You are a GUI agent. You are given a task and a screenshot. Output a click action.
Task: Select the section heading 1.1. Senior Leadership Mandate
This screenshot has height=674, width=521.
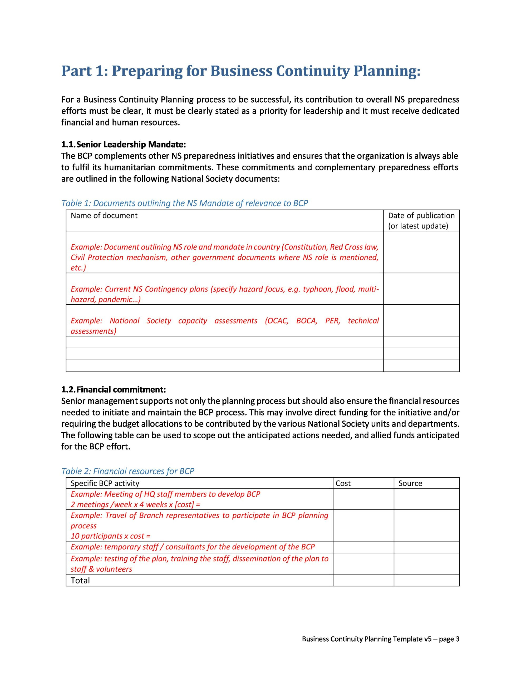pyautogui.click(x=124, y=145)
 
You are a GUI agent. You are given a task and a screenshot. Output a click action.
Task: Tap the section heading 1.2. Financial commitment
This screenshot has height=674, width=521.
pyautogui.click(x=113, y=389)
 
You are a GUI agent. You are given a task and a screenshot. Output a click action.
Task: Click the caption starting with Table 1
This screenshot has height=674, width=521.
pyautogui.click(x=184, y=203)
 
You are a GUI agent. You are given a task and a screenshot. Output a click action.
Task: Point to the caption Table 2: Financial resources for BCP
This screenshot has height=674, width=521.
pyautogui.click(x=127, y=471)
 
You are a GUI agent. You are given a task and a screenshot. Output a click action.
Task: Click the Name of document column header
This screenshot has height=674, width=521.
pyautogui.click(x=104, y=215)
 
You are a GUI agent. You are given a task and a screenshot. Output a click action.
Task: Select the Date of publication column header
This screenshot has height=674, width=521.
pyautogui.click(x=421, y=220)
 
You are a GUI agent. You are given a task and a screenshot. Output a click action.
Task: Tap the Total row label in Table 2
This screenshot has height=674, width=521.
pyautogui.click(x=80, y=580)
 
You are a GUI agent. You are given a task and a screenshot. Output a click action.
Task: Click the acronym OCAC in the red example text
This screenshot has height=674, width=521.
pyautogui.click(x=276, y=321)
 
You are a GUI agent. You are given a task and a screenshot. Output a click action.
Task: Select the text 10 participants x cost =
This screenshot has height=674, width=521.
pyautogui.click(x=111, y=536)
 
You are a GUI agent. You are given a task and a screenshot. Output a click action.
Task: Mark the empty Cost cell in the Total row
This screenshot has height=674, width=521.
pyautogui.click(x=363, y=580)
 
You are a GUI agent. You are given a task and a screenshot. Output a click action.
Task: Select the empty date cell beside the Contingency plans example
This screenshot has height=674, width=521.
pyautogui.click(x=421, y=289)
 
